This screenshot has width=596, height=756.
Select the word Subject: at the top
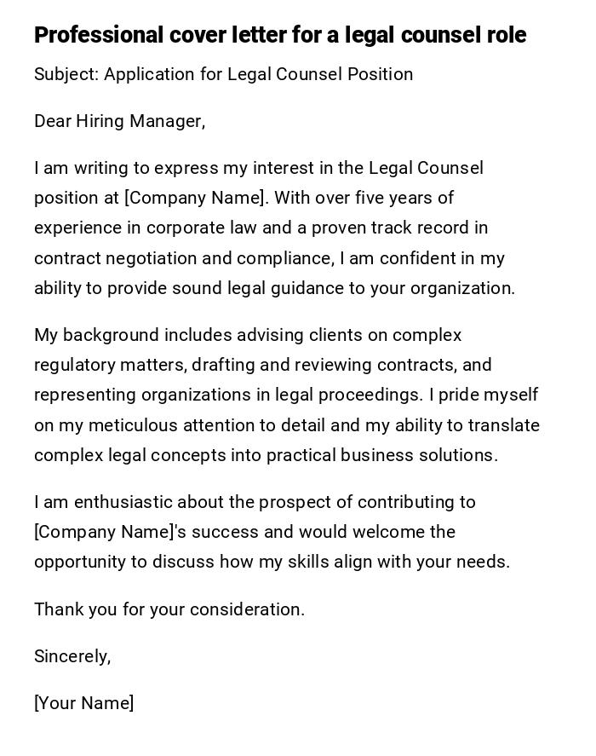click(x=66, y=74)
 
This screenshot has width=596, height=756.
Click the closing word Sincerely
click(x=72, y=656)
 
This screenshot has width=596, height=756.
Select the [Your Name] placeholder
click(x=83, y=703)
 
